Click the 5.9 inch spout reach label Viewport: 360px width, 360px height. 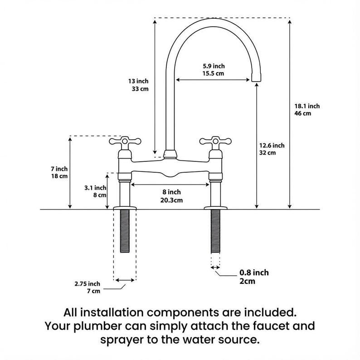(x=213, y=66)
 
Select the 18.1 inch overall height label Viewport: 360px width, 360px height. (x=307, y=106)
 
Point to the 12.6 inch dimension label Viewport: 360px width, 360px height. (x=272, y=146)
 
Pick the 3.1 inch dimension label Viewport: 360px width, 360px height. (x=95, y=187)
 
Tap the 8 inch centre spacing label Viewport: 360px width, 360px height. (x=171, y=192)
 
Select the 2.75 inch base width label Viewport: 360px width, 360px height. (x=88, y=284)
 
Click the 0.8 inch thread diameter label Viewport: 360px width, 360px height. (x=254, y=272)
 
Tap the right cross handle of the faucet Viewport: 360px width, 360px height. (x=214, y=142)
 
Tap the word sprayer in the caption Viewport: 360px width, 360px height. (x=126, y=339)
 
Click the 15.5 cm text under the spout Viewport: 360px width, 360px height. (x=213, y=73)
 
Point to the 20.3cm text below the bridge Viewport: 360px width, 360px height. (x=171, y=200)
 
